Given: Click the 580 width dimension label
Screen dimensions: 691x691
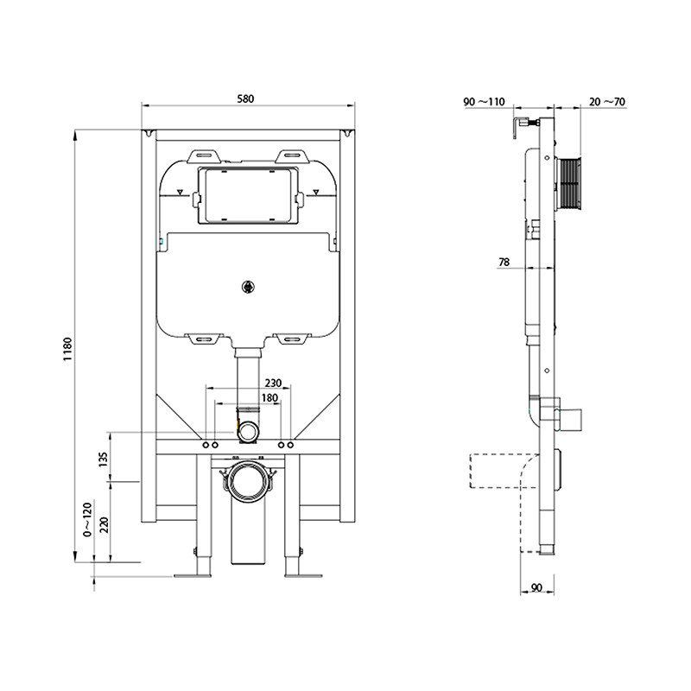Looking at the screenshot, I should [x=246, y=98].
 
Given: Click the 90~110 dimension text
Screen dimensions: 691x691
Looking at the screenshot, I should [x=484, y=102].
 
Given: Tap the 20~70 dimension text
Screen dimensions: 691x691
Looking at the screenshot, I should [x=608, y=102].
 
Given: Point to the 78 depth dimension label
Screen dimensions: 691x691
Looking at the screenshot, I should [x=504, y=262].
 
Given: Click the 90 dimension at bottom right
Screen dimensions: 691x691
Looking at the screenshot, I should [x=536, y=588].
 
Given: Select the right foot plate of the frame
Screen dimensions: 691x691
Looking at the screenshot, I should [x=301, y=575].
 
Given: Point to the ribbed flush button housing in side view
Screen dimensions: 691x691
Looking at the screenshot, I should [x=567, y=182].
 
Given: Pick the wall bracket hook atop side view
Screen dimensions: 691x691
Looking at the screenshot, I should [x=521, y=125].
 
